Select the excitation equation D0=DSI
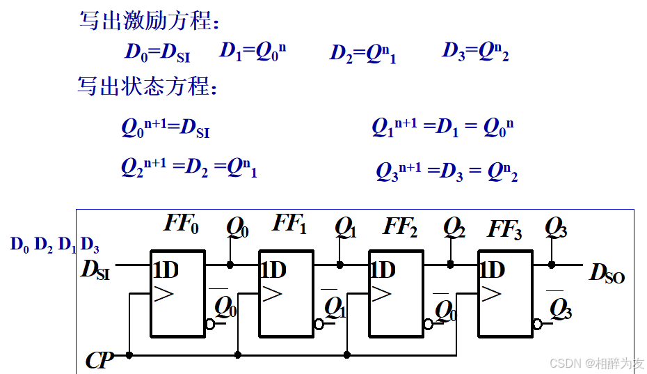pyautogui.click(x=157, y=52)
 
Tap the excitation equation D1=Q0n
pyautogui.click(x=253, y=52)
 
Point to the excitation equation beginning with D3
pyautogui.click(x=475, y=52)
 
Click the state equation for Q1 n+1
pyautogui.click(x=442, y=127)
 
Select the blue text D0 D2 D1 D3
pyautogui.click(x=54, y=245)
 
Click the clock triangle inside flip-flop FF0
pyautogui.click(x=163, y=294)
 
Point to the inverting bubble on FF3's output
pyautogui.click(x=537, y=324)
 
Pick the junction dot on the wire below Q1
pyautogui.click(x=340, y=265)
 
